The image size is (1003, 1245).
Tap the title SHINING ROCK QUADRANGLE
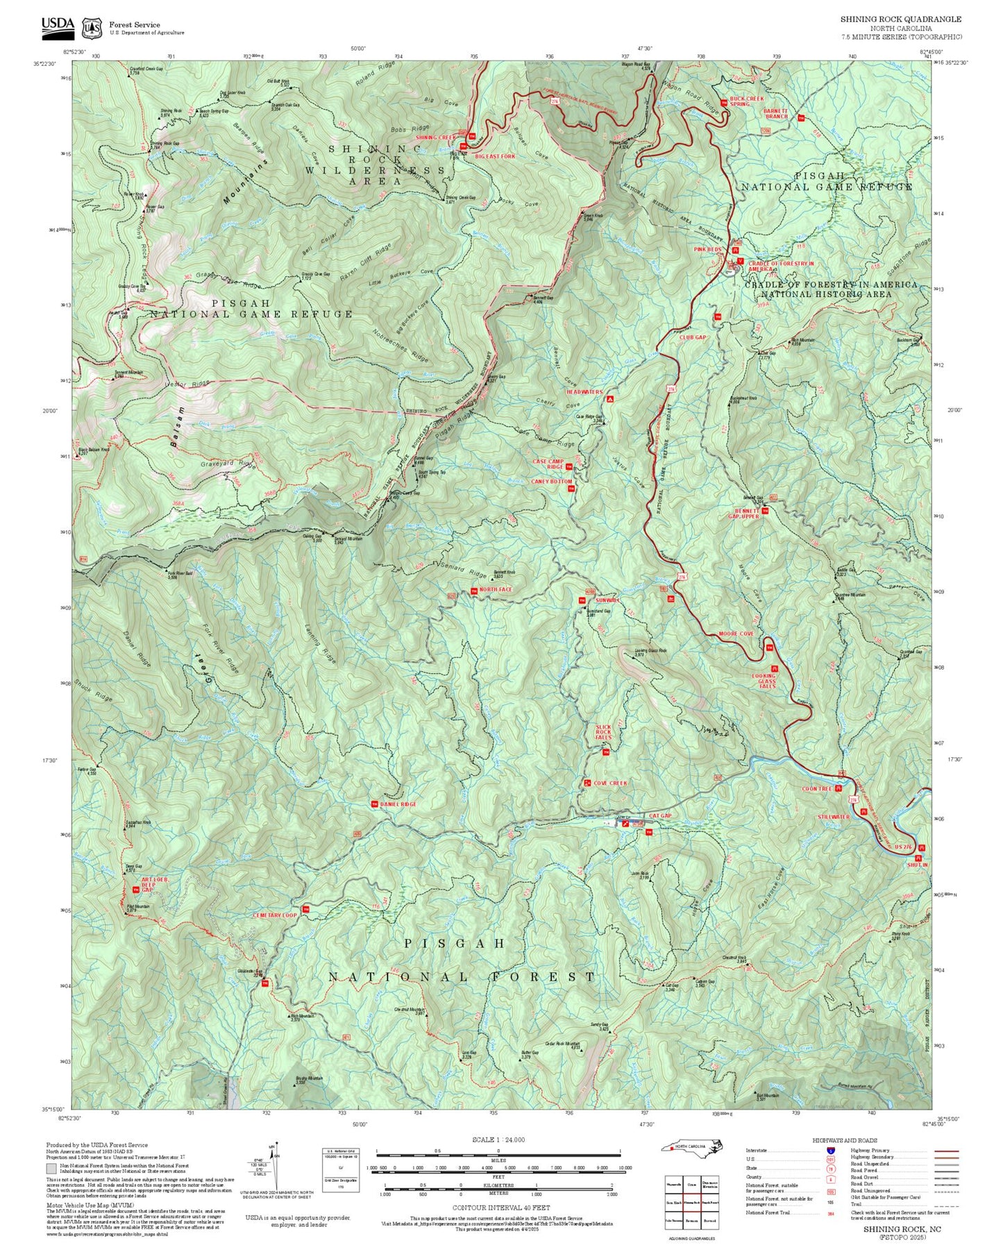point(901,19)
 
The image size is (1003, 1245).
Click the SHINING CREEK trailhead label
point(435,137)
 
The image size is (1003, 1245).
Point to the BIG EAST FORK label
point(495,157)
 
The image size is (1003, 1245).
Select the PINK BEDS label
point(708,249)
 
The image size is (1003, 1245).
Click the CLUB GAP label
point(692,337)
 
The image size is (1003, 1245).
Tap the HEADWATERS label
point(584,392)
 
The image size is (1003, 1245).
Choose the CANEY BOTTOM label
point(552,481)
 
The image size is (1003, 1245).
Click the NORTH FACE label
point(496,590)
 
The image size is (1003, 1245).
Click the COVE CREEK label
point(610,783)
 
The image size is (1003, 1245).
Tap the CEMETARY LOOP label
point(274,915)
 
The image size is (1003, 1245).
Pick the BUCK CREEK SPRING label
point(745,101)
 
